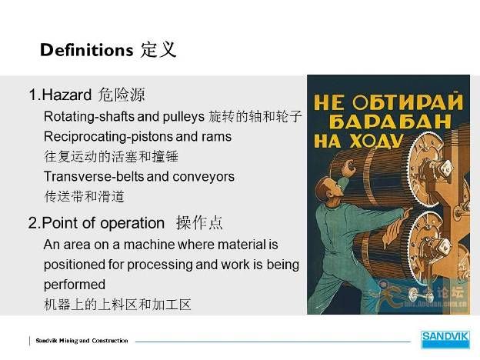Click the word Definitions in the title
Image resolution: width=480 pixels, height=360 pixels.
click(x=87, y=50)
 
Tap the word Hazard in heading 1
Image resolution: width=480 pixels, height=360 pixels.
click(x=67, y=95)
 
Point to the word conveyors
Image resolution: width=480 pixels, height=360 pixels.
click(x=204, y=177)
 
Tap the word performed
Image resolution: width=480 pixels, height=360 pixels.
click(x=75, y=285)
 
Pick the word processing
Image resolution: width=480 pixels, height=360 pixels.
click(x=159, y=265)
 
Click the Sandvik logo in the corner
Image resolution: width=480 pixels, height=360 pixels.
click(x=445, y=339)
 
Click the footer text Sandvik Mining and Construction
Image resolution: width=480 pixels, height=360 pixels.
click(x=82, y=341)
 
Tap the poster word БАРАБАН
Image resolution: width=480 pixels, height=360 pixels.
click(x=390, y=122)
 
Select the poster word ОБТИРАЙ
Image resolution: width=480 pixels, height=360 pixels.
click(x=407, y=102)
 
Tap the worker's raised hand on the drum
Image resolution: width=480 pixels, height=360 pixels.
click(x=348, y=168)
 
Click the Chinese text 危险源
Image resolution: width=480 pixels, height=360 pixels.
click(x=122, y=95)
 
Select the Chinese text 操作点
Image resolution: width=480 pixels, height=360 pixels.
click(x=199, y=223)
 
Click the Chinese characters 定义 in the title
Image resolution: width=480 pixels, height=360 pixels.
click(x=158, y=49)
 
